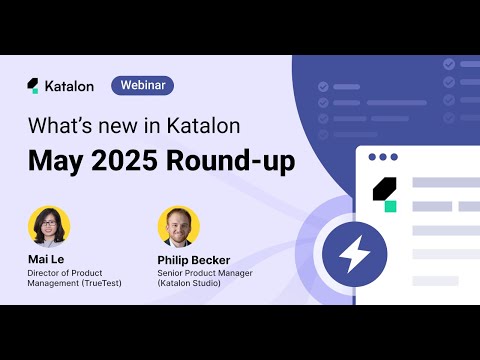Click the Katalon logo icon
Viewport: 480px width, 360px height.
[x=33, y=85]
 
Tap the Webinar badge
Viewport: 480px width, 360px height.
[x=142, y=85]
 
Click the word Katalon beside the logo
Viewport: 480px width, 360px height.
[x=70, y=86]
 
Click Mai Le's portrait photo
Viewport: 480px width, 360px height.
[x=49, y=226]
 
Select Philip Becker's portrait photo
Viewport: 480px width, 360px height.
[x=178, y=226]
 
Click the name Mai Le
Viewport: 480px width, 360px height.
[x=47, y=259]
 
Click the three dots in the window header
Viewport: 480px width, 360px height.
[x=383, y=157]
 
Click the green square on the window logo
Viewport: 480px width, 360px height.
[x=390, y=205]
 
